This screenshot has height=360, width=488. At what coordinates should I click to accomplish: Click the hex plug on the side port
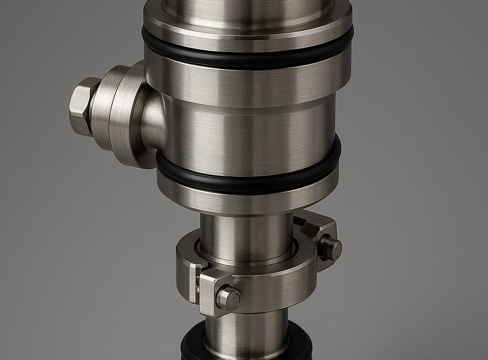tap(81, 107)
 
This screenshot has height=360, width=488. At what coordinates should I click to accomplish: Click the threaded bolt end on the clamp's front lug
tap(228, 298)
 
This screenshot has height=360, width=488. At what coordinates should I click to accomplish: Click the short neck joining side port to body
tap(153, 119)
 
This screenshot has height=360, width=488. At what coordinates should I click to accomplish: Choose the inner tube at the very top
tap(248, 6)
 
